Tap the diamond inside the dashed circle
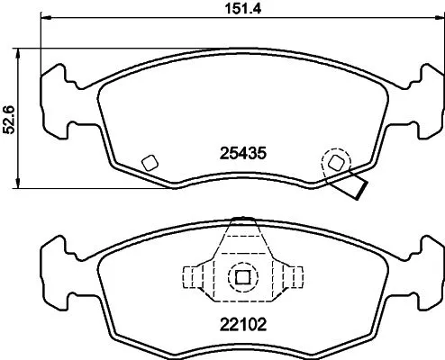click(x=337, y=162)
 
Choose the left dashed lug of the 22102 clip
click(x=195, y=276)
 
